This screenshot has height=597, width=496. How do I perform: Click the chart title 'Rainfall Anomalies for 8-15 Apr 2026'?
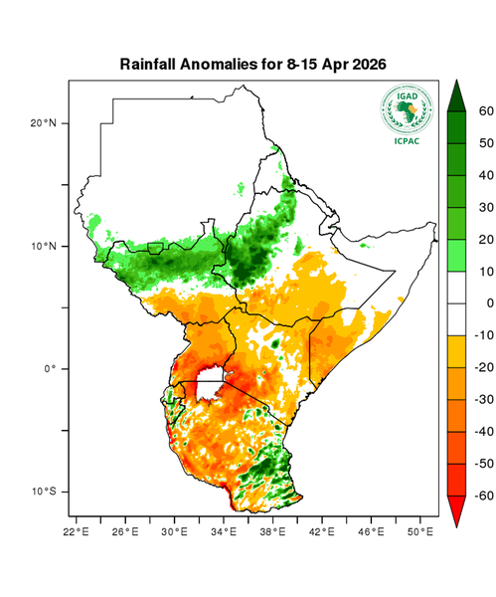click(252, 64)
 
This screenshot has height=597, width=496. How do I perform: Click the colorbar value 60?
click(486, 111)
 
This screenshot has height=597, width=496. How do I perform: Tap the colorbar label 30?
click(486, 207)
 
